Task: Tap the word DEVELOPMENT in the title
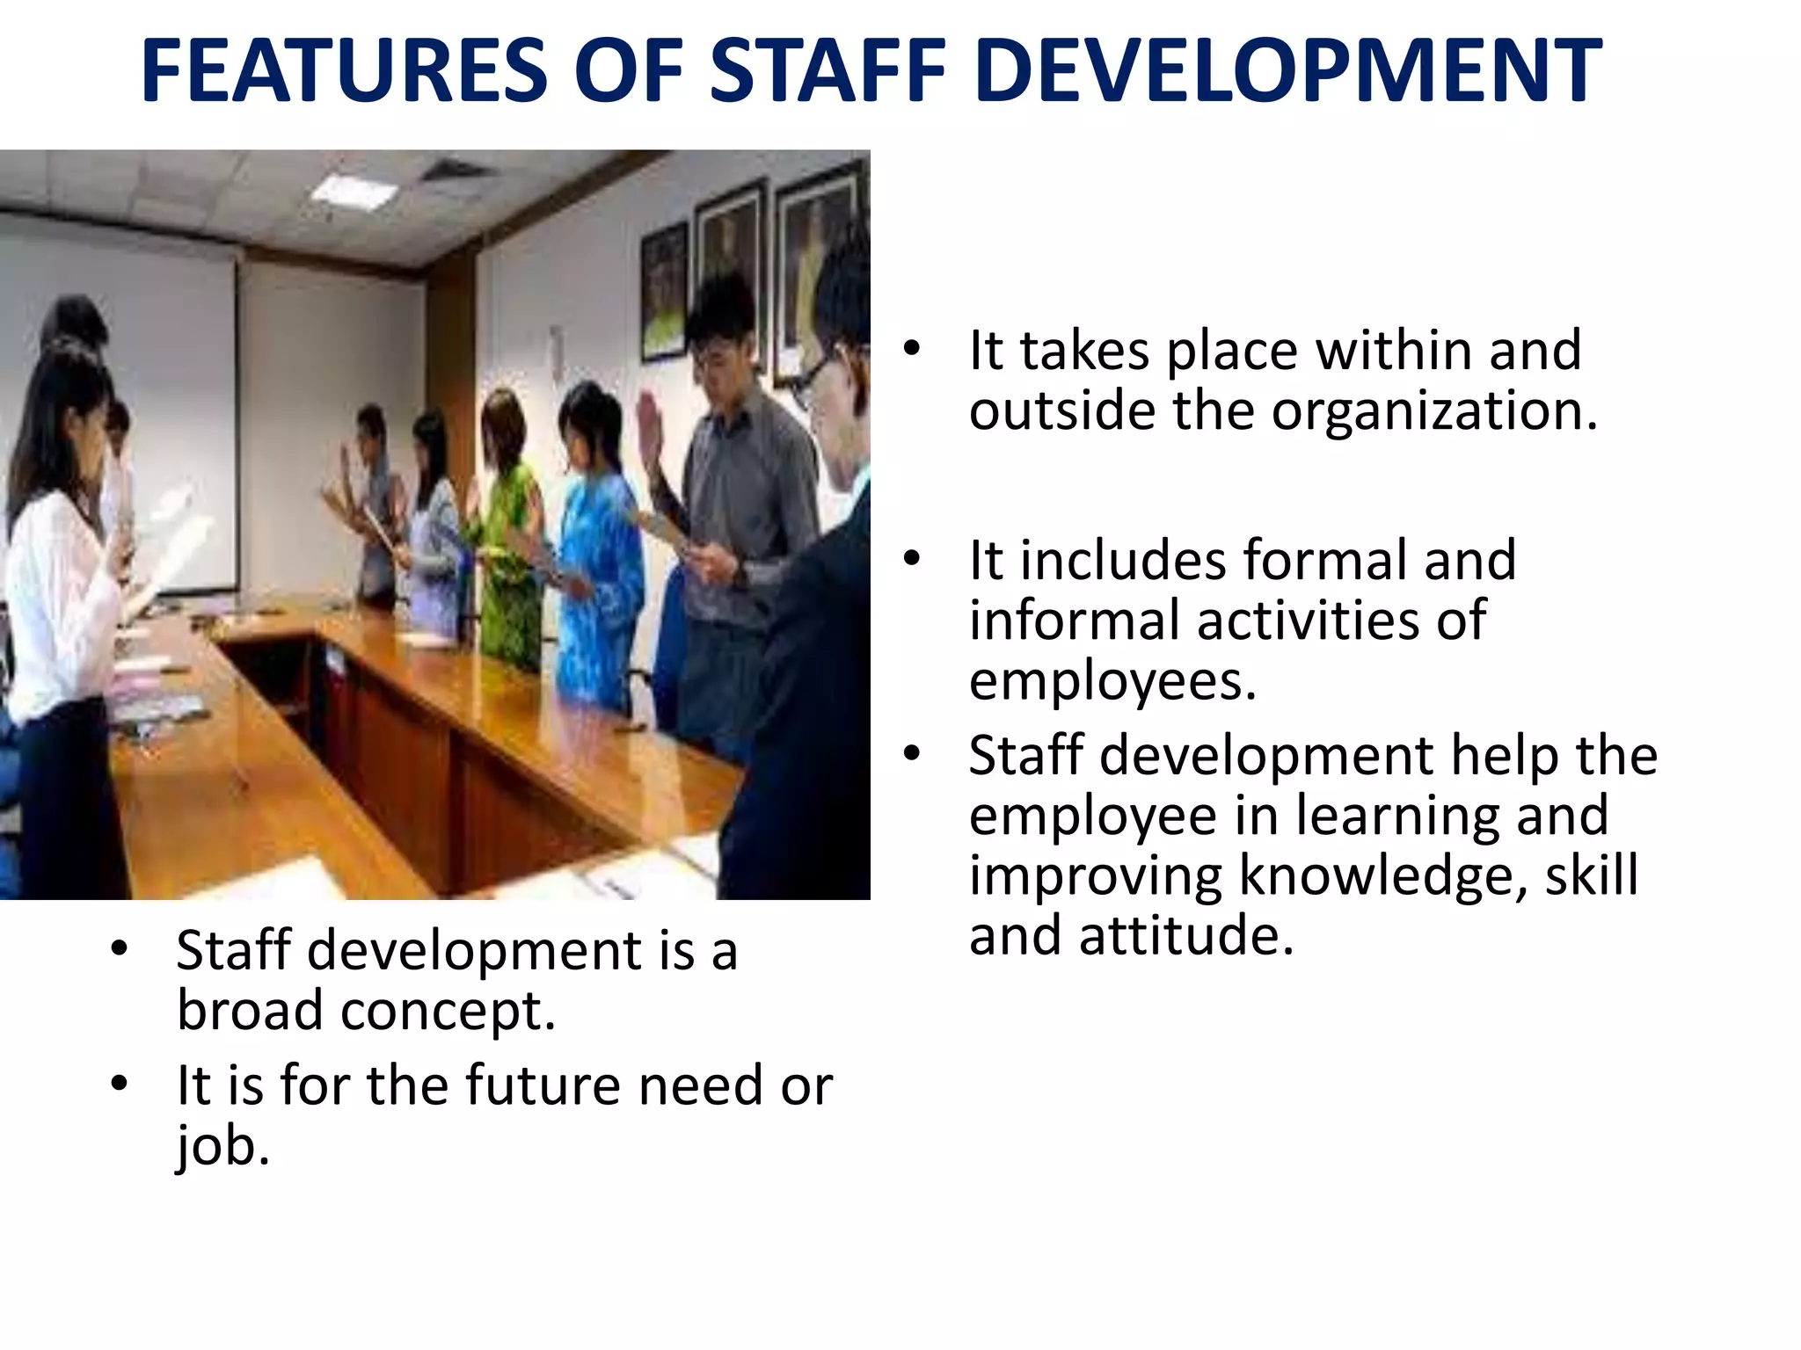[1287, 70]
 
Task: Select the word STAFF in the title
[828, 70]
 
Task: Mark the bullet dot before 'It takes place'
[912, 349]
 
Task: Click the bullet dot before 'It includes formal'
[912, 559]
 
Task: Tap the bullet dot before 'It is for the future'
[120, 1084]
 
